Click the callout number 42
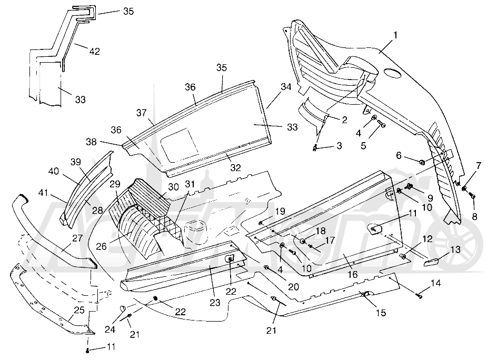pos(95,51)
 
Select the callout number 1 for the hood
pos(395,35)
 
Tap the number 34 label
pos(286,86)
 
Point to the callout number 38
pos(91,142)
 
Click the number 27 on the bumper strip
pos(77,238)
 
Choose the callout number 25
pos(79,309)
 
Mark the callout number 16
pos(352,274)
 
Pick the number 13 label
pos(455,249)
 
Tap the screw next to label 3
pos(315,147)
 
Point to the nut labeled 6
pos(422,163)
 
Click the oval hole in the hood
pos(392,72)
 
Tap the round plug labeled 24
pos(123,308)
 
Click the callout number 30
pos(174,187)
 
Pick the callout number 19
pos(280,211)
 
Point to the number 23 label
pos(215,303)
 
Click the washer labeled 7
pos(464,189)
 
